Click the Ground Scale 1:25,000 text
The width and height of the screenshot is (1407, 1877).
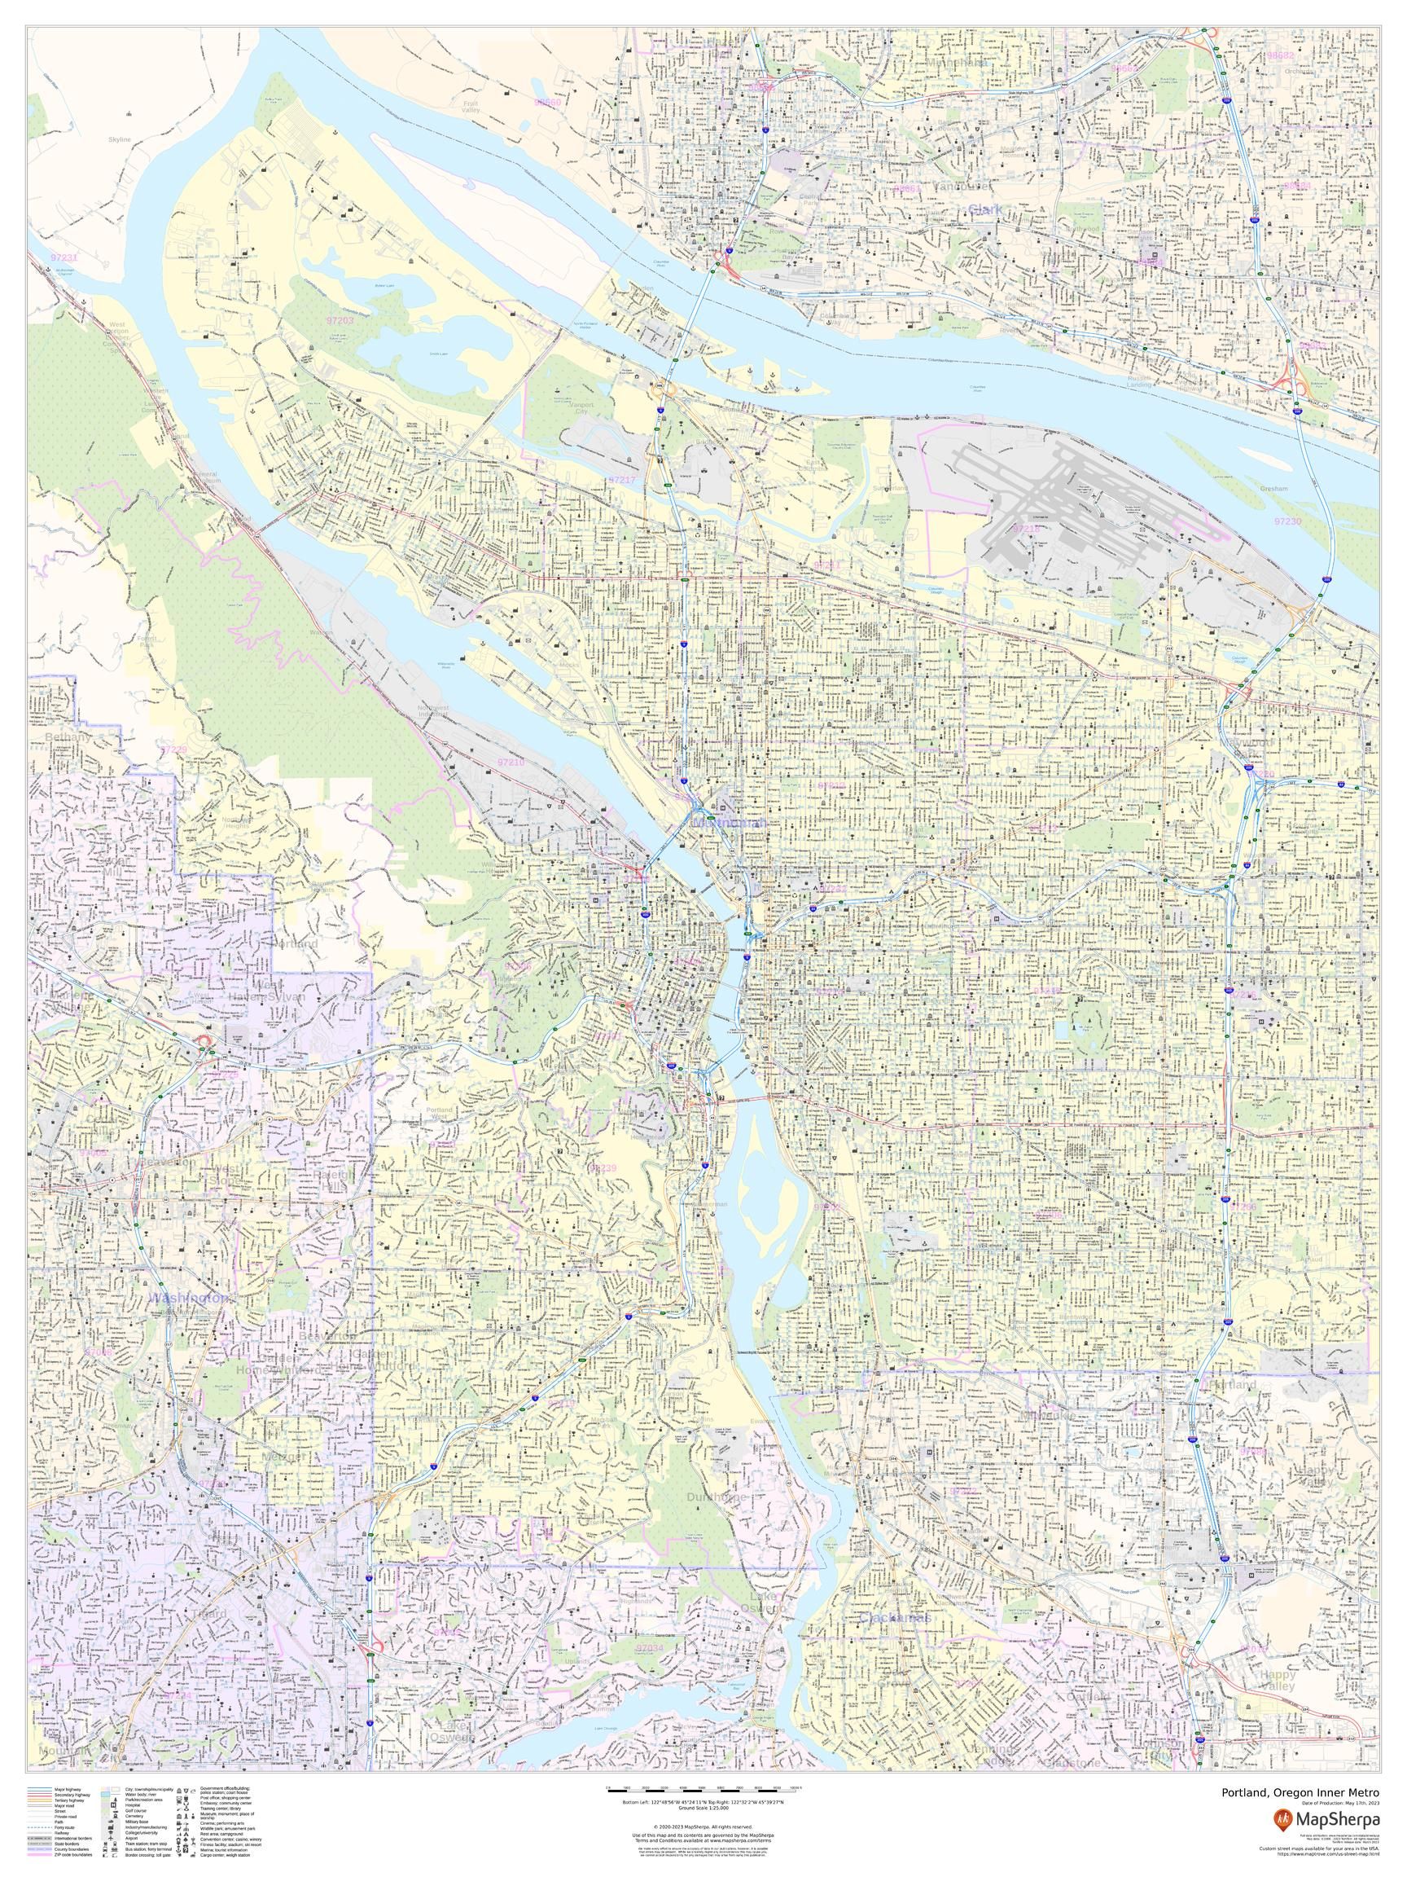tap(703, 1802)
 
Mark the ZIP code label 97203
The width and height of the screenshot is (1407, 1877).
tap(340, 321)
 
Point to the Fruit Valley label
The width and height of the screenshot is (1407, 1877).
tap(471, 107)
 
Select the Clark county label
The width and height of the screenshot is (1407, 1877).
tap(984, 208)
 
